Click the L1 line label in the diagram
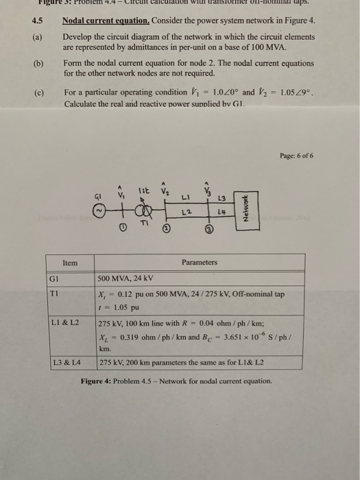pyautogui.click(x=185, y=197)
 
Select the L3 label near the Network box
pyautogui.click(x=222, y=199)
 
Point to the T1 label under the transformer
pyautogui.click(x=145, y=225)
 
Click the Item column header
pyautogui.click(x=70, y=263)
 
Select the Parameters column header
pyautogui.click(x=200, y=263)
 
